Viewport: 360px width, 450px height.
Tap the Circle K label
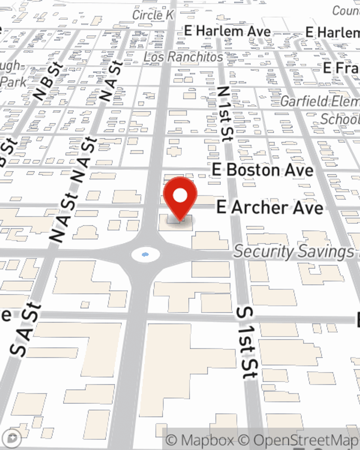(153, 15)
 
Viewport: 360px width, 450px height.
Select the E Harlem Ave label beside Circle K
(228, 31)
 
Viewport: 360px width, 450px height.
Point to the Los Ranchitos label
(183, 57)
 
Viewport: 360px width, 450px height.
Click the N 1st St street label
(224, 114)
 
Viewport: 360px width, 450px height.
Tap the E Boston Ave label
(263, 170)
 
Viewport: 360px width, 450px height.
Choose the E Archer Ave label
(270, 207)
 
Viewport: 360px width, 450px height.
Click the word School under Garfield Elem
(339, 119)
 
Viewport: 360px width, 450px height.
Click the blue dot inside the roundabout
(145, 255)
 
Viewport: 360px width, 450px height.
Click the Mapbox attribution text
(200, 440)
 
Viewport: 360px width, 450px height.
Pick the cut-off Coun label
(346, 11)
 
